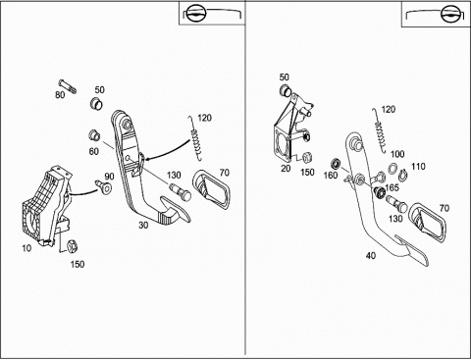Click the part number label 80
tap(60, 95)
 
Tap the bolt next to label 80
tap(68, 86)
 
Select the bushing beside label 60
tap(94, 135)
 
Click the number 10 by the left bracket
tap(26, 248)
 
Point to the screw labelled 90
tap(103, 185)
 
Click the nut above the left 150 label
tap(72, 246)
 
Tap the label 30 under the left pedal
tap(143, 225)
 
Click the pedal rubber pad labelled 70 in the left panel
tap(211, 190)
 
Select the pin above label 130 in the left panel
tap(181, 192)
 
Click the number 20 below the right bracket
tap(286, 169)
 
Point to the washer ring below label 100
tap(392, 169)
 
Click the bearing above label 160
tap(336, 163)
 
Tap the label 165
tap(392, 187)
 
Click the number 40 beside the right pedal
tap(371, 255)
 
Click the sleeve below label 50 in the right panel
tap(286, 90)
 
